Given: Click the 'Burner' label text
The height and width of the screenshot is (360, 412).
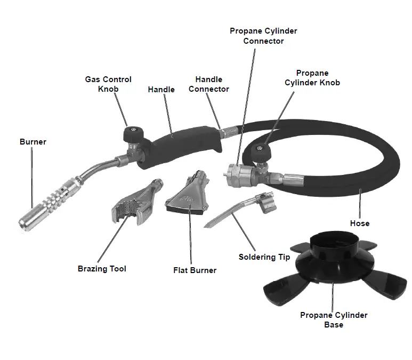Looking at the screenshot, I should click(x=33, y=142).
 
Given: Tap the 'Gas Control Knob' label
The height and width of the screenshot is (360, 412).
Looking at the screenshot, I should click(x=108, y=84).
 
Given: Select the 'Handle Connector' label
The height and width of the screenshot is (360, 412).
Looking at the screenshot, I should click(x=209, y=84).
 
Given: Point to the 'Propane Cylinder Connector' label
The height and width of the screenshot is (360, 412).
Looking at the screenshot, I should click(x=263, y=36).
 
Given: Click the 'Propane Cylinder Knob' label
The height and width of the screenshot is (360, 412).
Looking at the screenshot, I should click(x=312, y=78).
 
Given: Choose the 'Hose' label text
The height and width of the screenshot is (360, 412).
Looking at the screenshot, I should click(x=359, y=223).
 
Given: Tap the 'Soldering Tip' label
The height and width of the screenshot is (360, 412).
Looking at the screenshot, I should click(x=264, y=257).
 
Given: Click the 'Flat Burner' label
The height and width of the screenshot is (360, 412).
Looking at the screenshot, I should click(x=195, y=270).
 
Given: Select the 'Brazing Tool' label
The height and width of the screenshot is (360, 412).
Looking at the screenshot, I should click(x=102, y=269).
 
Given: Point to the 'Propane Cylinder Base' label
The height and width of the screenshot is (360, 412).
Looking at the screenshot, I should click(x=334, y=320).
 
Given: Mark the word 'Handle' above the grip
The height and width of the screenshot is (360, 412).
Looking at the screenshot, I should click(x=161, y=90).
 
